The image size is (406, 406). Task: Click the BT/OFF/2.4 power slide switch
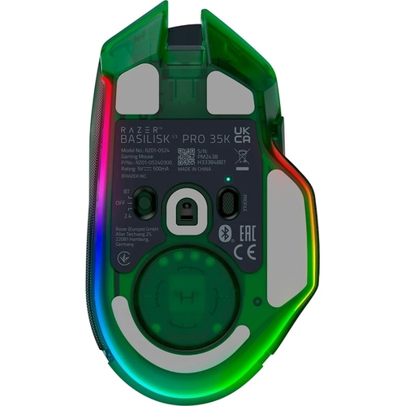(145, 203)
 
